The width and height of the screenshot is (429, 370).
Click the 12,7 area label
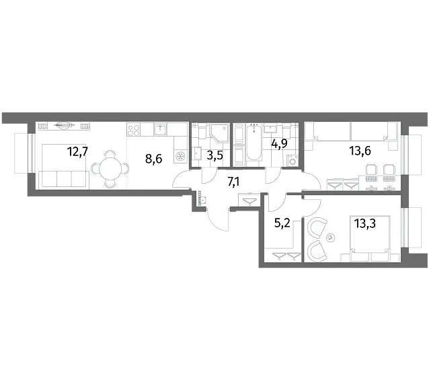(x=77, y=151)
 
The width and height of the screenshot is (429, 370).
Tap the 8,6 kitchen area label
(x=154, y=159)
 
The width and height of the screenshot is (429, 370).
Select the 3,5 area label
(x=214, y=155)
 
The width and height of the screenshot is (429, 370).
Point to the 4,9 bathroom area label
(x=279, y=143)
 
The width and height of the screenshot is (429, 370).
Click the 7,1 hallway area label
(x=233, y=182)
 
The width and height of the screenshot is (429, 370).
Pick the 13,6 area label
(x=360, y=151)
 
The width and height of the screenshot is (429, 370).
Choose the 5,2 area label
(x=282, y=223)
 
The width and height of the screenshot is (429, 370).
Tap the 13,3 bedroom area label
(x=365, y=223)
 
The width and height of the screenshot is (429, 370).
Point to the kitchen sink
(x=160, y=129)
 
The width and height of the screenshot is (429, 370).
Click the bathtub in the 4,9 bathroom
(x=254, y=143)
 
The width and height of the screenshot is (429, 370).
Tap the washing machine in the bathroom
(x=292, y=161)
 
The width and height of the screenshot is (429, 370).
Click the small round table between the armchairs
(x=330, y=237)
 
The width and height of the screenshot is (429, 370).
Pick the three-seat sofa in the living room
(x=64, y=180)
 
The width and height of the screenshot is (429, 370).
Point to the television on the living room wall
(x=64, y=126)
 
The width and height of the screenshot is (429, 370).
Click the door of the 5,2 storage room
(x=276, y=204)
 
